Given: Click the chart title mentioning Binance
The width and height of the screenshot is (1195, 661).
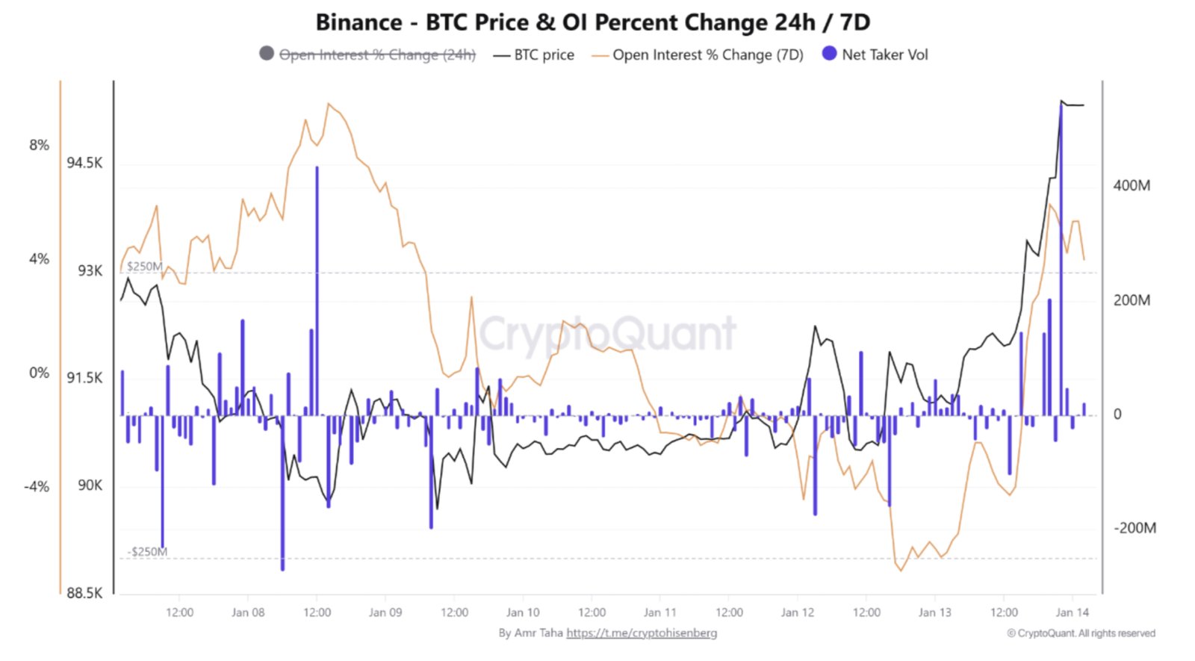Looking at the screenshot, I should (x=592, y=22).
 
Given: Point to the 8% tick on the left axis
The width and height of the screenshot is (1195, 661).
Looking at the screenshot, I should (x=39, y=145).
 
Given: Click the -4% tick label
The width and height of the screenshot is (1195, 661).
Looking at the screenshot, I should (x=37, y=486).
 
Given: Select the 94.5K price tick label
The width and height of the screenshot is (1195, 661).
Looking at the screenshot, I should (x=84, y=163).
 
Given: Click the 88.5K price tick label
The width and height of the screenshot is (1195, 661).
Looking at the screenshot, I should (x=84, y=593).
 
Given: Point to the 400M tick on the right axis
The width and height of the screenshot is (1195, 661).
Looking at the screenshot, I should (x=1132, y=185).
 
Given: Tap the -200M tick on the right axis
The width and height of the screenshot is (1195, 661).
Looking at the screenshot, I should (x=1135, y=528).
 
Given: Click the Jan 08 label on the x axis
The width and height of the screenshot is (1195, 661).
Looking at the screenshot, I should (x=248, y=612).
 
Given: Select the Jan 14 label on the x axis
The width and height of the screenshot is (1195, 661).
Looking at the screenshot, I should (x=1072, y=612).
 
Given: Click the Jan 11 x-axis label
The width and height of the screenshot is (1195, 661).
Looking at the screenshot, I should (x=659, y=612).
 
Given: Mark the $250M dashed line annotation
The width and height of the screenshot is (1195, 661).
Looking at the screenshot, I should (x=144, y=266).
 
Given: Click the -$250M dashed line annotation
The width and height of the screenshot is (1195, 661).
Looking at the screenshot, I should (x=147, y=552).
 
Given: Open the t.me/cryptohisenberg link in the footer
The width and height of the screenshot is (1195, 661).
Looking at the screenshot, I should (x=642, y=633).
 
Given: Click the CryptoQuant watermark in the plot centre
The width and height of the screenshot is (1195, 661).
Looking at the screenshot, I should (x=607, y=333).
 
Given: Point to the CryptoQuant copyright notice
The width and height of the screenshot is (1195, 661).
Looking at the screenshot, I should (x=1081, y=633).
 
